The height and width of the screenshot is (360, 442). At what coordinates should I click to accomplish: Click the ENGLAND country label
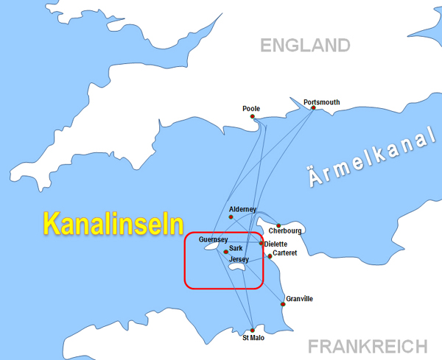click(x=305, y=46)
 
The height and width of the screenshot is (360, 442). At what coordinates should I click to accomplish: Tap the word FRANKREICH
click(x=368, y=346)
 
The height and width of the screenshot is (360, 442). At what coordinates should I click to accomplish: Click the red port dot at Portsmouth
click(x=313, y=108)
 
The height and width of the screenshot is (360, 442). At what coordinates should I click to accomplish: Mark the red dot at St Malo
click(x=252, y=331)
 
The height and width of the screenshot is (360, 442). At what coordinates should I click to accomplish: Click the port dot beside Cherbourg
click(x=278, y=225)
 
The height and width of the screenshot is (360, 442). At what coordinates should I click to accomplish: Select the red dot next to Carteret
click(x=270, y=256)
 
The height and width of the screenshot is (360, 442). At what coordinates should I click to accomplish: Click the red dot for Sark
click(x=225, y=251)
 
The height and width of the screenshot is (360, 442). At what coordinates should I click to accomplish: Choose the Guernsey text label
click(x=213, y=240)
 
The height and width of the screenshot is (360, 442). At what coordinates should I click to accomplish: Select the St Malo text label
click(x=253, y=339)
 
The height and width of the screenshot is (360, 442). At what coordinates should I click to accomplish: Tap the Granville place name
click(x=299, y=298)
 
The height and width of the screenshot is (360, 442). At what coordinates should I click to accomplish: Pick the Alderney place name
click(x=244, y=209)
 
